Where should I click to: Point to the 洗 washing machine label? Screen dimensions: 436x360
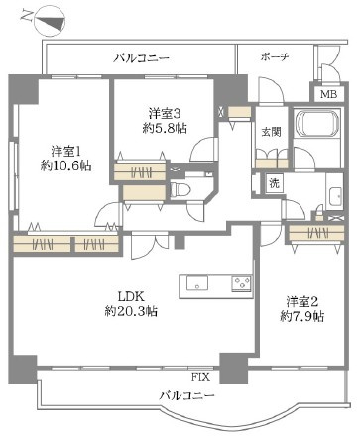(x=273, y=183)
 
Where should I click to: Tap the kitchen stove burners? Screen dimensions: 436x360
(x=241, y=284)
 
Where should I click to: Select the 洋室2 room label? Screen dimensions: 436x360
(x=302, y=300)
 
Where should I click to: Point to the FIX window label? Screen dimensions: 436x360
(x=199, y=377)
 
